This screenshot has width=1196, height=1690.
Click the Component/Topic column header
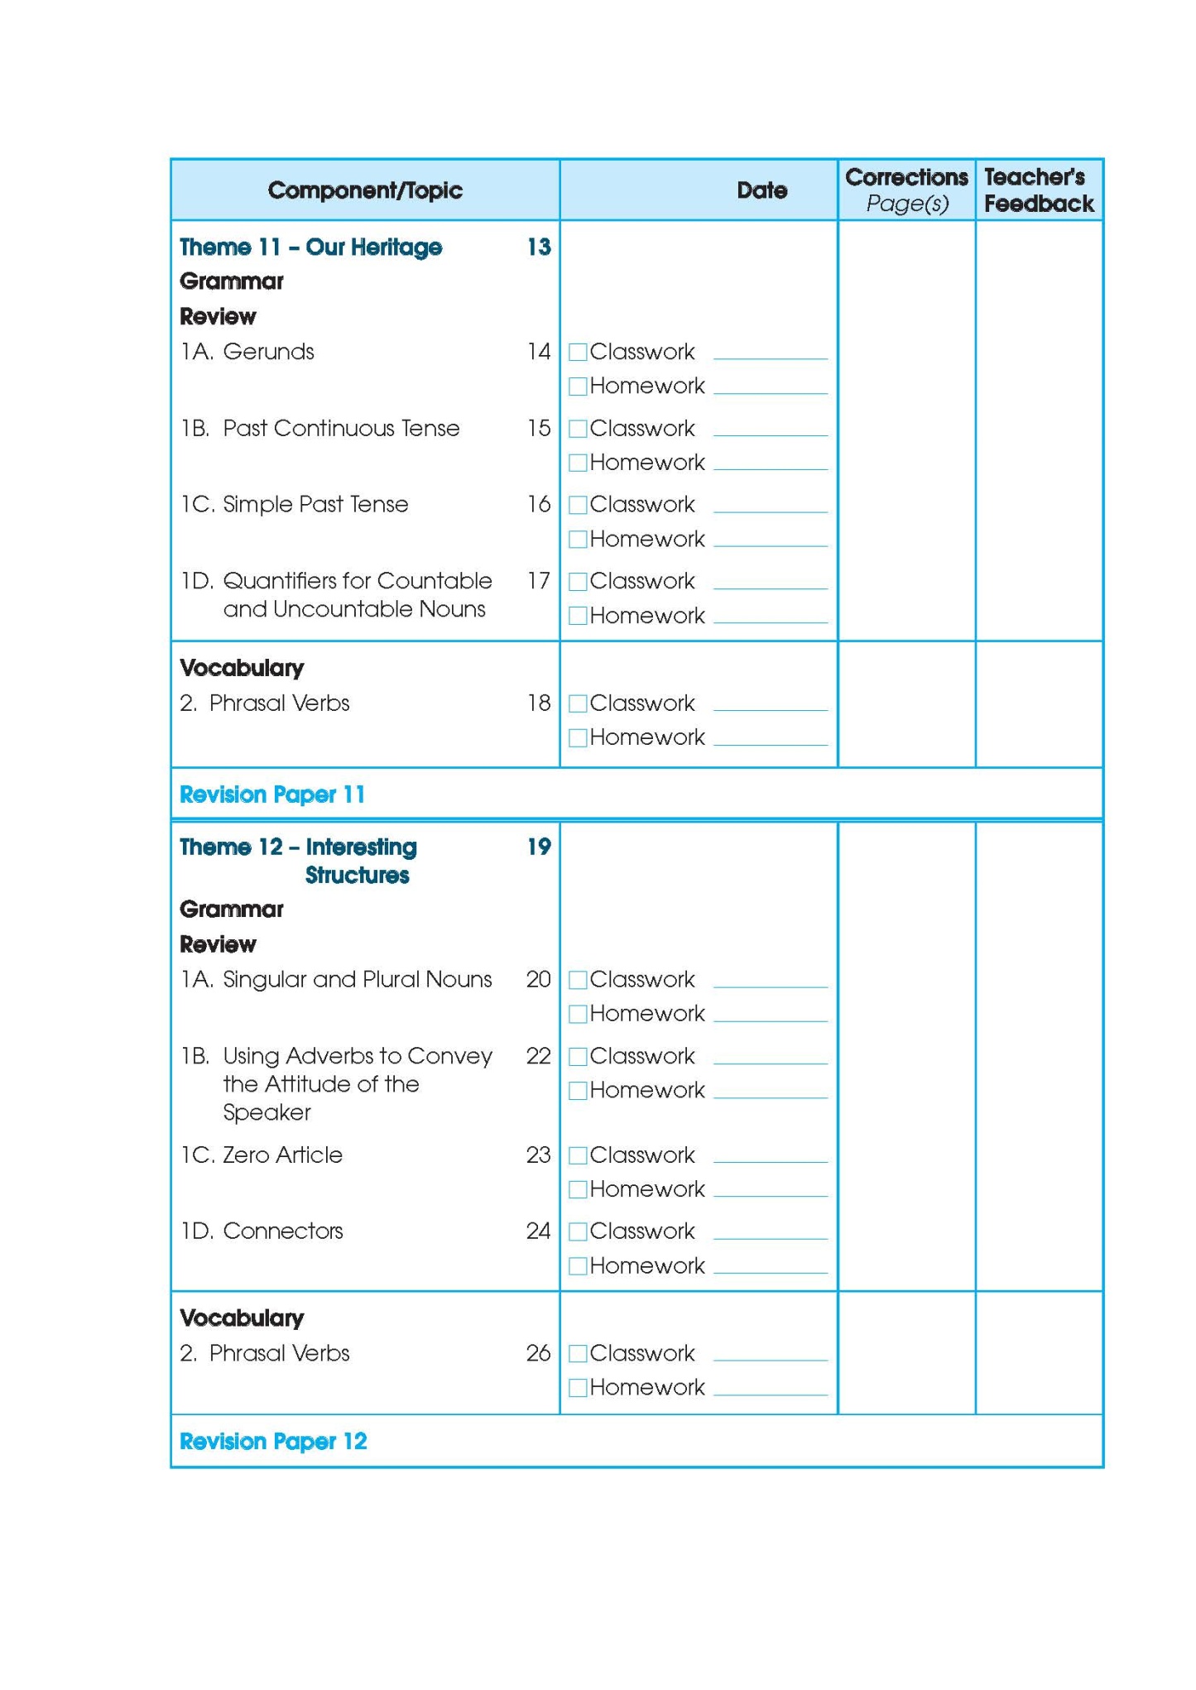point(364,190)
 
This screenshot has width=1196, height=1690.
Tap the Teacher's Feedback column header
point(1038,190)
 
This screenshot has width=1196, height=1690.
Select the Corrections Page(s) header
point(906,190)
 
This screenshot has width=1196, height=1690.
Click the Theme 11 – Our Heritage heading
point(310,247)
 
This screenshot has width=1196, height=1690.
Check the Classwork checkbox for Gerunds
point(578,353)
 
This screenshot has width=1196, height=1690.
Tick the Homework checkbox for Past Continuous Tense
point(578,463)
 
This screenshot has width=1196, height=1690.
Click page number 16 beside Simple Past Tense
point(539,504)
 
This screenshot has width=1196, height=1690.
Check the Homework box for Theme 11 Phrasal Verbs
point(578,737)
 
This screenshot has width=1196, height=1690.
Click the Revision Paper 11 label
point(272,795)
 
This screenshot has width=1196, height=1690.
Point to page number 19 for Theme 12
point(539,847)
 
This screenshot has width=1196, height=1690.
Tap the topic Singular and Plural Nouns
point(357,980)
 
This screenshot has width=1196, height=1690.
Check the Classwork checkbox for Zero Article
point(578,1155)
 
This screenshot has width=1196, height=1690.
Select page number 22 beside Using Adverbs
point(538,1056)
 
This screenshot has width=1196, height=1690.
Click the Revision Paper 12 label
point(273,1442)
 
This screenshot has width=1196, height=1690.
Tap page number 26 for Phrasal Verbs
point(538,1353)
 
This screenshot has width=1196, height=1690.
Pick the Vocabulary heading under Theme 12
point(242,1318)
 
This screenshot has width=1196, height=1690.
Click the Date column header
point(761,190)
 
